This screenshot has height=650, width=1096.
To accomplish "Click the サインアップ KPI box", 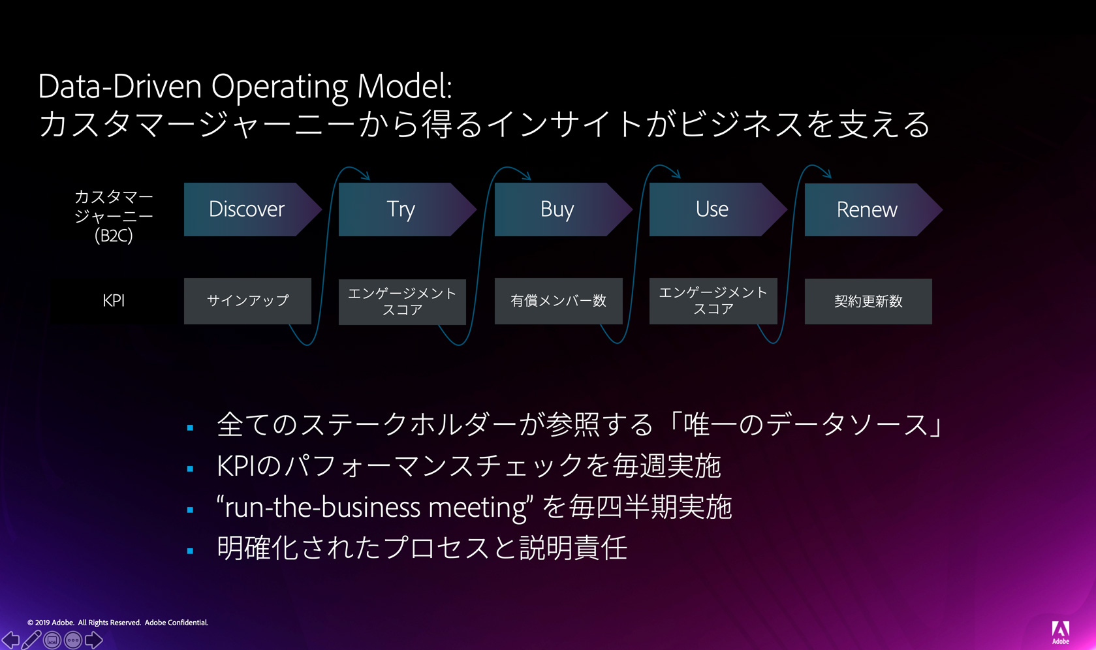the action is pyautogui.click(x=247, y=301).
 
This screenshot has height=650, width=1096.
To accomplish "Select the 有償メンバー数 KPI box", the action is pyautogui.click(x=558, y=301).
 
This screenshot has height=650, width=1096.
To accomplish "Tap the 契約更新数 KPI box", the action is pyautogui.click(x=868, y=302).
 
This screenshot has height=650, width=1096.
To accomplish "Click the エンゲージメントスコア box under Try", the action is pyautogui.click(x=402, y=302).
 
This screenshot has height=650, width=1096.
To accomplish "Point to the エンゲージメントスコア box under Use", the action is pyautogui.click(x=713, y=301).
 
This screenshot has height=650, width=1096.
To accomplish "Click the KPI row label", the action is pyautogui.click(x=114, y=300).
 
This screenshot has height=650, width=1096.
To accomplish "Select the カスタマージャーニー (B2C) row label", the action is pyautogui.click(x=114, y=216).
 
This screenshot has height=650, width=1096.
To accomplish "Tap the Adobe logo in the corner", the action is pyautogui.click(x=1061, y=632).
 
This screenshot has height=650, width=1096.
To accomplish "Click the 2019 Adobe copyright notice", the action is pyautogui.click(x=117, y=623).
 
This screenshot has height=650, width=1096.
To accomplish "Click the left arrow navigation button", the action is pyautogui.click(x=10, y=640).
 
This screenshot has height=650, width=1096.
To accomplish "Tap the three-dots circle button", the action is pyautogui.click(x=73, y=640).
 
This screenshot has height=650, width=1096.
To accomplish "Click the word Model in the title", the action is pyautogui.click(x=405, y=86).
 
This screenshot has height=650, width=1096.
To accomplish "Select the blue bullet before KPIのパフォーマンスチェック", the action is pyautogui.click(x=191, y=469).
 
